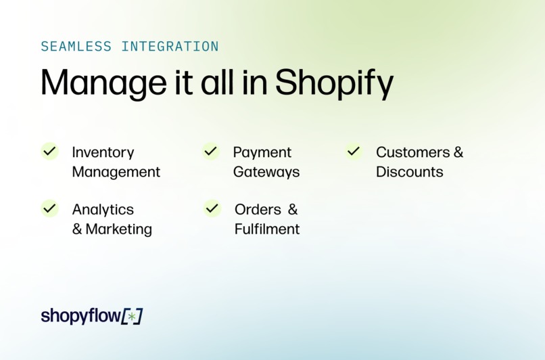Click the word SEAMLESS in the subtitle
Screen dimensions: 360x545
[x=76, y=47]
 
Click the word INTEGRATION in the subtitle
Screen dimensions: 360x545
[x=170, y=47]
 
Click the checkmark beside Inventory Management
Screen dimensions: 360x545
[x=49, y=151]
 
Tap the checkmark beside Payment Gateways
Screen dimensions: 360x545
[x=211, y=151]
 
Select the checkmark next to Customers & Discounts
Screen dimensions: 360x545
[x=354, y=151]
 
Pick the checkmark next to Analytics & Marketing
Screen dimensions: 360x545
[x=49, y=208]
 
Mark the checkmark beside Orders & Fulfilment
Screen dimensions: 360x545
[x=212, y=208]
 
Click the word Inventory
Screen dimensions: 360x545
[x=103, y=152]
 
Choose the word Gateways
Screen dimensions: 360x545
[x=266, y=172]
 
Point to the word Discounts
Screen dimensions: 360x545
[x=410, y=172]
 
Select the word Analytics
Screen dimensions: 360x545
[x=103, y=210]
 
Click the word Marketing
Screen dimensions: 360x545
[x=119, y=229]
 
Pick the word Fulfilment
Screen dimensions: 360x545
[x=267, y=229]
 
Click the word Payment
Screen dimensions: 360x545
[x=262, y=152]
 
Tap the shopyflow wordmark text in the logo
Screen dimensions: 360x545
[x=80, y=316]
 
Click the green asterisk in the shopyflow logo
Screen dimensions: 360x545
[x=132, y=317]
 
